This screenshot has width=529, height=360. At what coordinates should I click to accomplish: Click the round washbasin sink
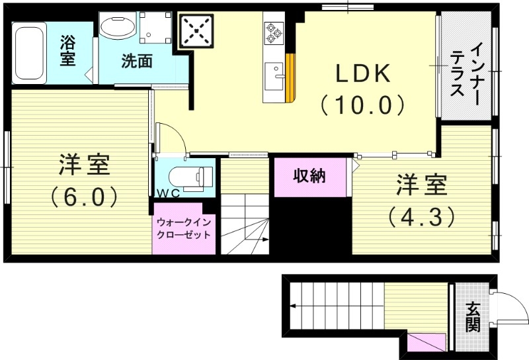pyautogui.click(x=118, y=27)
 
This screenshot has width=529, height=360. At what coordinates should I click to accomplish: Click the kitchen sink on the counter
pyautogui.click(x=274, y=75)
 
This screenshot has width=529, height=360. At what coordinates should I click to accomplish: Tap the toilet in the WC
pyautogui.click(x=191, y=177)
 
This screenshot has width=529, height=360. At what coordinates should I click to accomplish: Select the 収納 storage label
pyautogui.click(x=309, y=177)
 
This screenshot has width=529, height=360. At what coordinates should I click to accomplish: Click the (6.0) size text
pyautogui.click(x=84, y=196)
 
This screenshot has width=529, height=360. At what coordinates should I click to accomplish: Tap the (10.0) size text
pyautogui.click(x=362, y=105)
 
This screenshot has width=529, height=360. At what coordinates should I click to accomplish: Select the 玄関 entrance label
pyautogui.click(x=472, y=316)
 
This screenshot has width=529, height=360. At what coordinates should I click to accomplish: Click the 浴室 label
pyautogui.click(x=68, y=51)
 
